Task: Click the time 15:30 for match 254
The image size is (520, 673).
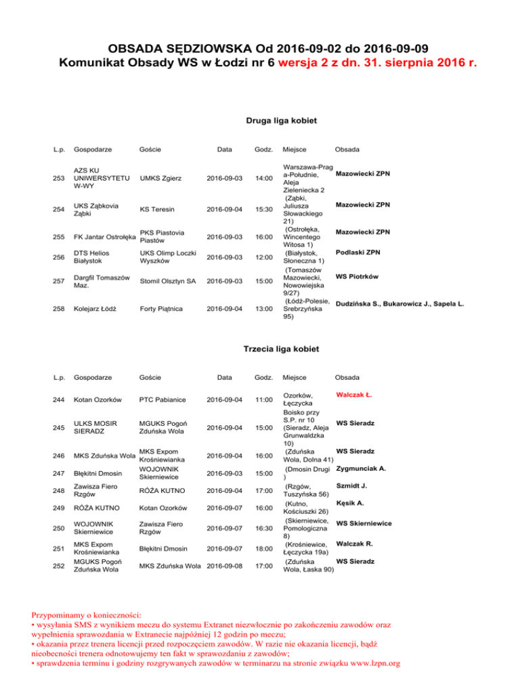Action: (x=263, y=209)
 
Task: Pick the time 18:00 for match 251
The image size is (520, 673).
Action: (x=263, y=550)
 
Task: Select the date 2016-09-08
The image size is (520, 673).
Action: (x=227, y=565)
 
